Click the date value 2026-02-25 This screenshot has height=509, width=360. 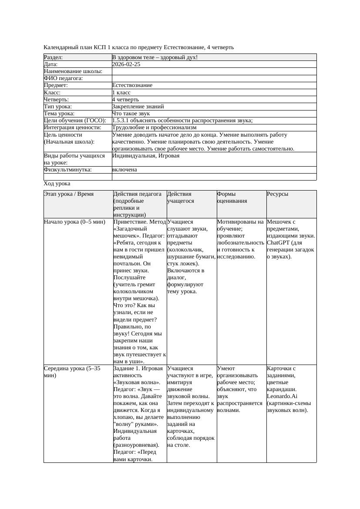point(126,64)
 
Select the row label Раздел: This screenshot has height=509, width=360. point(54,57)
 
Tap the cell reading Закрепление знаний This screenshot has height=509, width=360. point(138,106)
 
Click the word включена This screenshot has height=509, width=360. point(124,170)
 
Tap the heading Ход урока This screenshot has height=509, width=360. point(57,184)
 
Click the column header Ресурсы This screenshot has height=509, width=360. point(278,194)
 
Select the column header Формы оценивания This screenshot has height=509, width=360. point(232,198)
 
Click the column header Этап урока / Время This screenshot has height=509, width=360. point(69,194)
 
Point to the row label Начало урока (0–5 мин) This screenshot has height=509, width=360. point(74,222)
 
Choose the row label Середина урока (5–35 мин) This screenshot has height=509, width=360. point(72,372)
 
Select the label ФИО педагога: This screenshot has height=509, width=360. point(64,78)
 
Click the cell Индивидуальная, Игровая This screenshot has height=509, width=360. point(146,156)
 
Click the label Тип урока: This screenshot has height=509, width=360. point(58,106)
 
